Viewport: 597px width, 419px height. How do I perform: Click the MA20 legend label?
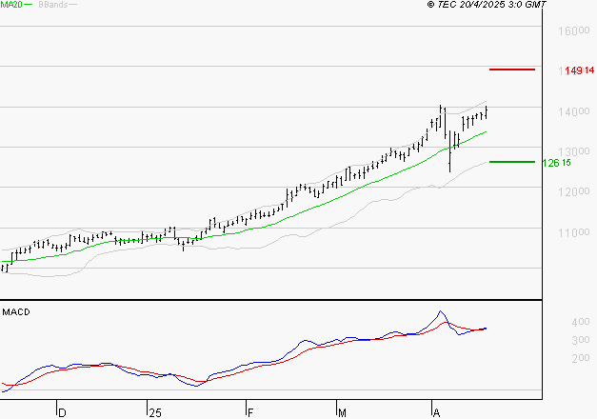12,5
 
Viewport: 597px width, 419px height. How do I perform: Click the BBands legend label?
53,5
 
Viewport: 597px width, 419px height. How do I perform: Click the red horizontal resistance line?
511,70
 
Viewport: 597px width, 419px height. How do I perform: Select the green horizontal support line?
511,162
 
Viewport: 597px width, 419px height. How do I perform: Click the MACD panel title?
16,311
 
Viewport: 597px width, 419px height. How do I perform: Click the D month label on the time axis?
62,412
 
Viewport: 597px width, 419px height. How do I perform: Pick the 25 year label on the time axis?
155,412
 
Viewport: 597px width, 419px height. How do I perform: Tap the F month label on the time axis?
249,412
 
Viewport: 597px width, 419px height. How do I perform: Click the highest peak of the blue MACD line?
441,311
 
